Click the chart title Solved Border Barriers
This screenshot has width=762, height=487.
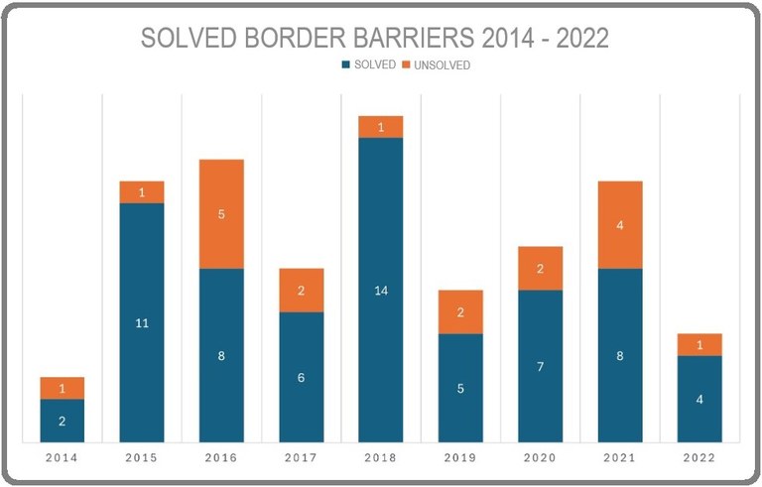coord(374,38)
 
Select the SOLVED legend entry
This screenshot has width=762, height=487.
coord(369,65)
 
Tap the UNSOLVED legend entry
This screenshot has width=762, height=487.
coord(436,65)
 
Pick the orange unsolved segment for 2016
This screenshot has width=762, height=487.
coord(221,213)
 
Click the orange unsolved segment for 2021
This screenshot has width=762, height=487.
coord(620,225)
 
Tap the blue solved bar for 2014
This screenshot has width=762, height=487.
coord(63,431)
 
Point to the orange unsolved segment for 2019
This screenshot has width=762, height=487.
coord(460,312)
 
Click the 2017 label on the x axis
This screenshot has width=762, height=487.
coord(301,458)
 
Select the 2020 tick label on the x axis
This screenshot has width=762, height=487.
coord(540,458)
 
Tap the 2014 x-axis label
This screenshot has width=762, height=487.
coord(62,458)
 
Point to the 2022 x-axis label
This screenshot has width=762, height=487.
coord(699,458)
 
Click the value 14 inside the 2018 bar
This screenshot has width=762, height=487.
coord(381,291)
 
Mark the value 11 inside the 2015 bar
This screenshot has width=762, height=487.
coord(142,323)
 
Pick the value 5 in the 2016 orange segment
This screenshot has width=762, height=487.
coord(221,214)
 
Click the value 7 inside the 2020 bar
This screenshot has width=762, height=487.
coord(540,367)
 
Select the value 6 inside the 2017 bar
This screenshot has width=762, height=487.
coord(301,378)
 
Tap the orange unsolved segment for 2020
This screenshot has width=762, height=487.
coord(540,269)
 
